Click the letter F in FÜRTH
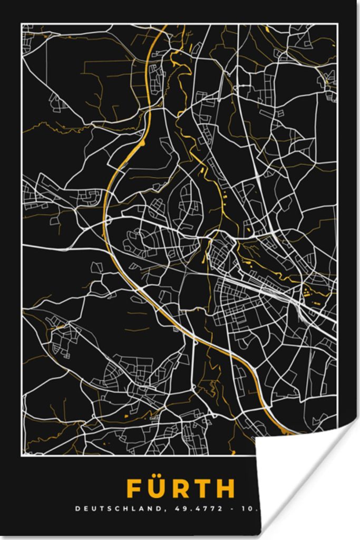tap(135, 489)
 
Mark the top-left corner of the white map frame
tap(22, 24)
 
